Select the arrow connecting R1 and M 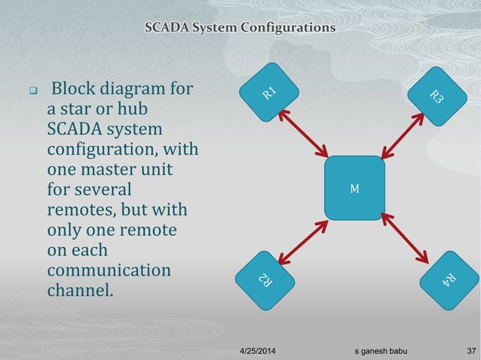(x=304, y=133)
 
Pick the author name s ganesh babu (x=384, y=352)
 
